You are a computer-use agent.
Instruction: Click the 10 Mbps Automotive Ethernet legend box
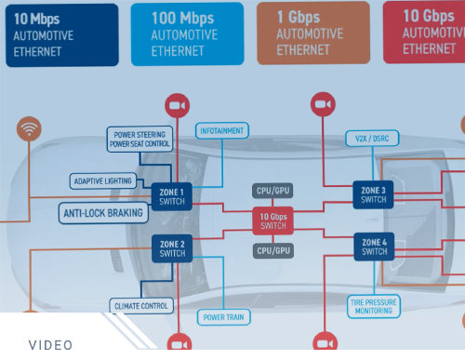point(62,34)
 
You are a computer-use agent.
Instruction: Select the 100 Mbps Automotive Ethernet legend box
point(187,34)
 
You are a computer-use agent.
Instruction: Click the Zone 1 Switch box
point(172,195)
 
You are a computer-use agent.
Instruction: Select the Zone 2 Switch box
point(172,247)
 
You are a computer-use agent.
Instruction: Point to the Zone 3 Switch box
point(374,194)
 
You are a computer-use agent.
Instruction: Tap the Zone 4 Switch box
point(374,247)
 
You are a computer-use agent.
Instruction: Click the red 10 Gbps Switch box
point(272,220)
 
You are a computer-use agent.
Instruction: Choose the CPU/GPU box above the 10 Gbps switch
point(272,192)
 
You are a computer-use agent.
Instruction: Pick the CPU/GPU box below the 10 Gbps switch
point(272,251)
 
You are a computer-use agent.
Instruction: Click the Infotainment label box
point(220,131)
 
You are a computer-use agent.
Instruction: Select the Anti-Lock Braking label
point(104,213)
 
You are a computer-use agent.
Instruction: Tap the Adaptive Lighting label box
point(102,180)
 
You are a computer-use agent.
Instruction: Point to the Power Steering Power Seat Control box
point(139,139)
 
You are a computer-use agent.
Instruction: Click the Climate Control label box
point(140,305)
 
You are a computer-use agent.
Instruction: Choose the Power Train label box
point(223,317)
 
